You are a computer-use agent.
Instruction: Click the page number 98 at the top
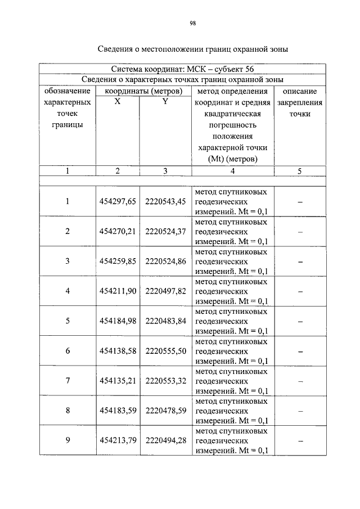click(x=192, y=23)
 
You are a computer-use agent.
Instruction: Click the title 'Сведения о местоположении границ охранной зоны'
click(x=192, y=49)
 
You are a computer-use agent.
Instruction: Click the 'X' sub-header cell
click(x=117, y=102)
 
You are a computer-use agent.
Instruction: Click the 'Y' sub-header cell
click(x=165, y=102)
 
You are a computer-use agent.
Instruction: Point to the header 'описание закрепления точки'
click(x=300, y=102)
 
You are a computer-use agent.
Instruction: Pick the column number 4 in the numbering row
click(x=232, y=172)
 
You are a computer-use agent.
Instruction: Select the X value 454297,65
click(x=118, y=201)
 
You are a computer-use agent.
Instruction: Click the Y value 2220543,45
click(x=165, y=201)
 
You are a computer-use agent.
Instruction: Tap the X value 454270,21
click(x=118, y=231)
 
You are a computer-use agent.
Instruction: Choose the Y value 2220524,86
click(x=165, y=261)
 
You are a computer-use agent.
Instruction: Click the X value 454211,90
click(x=118, y=291)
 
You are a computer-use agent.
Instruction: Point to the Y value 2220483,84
click(x=165, y=321)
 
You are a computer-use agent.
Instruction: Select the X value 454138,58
click(x=118, y=351)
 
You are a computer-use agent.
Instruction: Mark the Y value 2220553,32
click(x=165, y=381)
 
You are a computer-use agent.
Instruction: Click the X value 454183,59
click(x=118, y=411)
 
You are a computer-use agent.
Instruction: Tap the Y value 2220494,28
click(x=165, y=440)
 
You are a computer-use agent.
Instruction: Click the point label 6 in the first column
click(x=67, y=351)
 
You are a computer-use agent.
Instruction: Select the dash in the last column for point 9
click(x=300, y=441)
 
